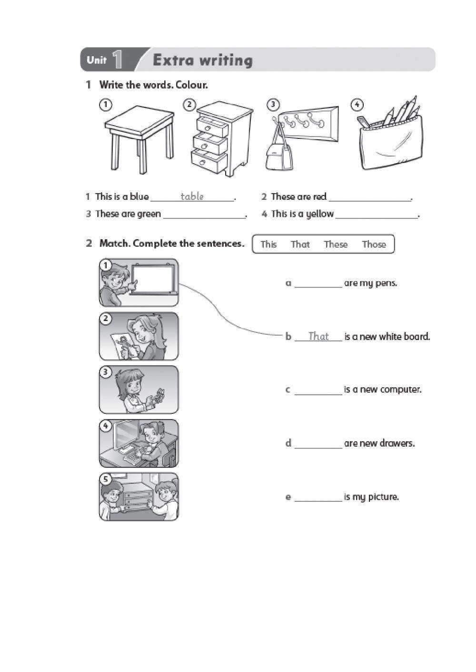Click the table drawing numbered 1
[139, 136]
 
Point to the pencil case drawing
[388, 143]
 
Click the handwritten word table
[192, 196]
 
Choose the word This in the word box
[268, 244]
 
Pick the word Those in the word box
[374, 244]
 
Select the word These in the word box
[336, 244]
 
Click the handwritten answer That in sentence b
[318, 336]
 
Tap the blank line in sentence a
[318, 284]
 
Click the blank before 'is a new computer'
[318, 391]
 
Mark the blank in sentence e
[318, 498]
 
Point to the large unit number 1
[118, 60]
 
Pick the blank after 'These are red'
[369, 198]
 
